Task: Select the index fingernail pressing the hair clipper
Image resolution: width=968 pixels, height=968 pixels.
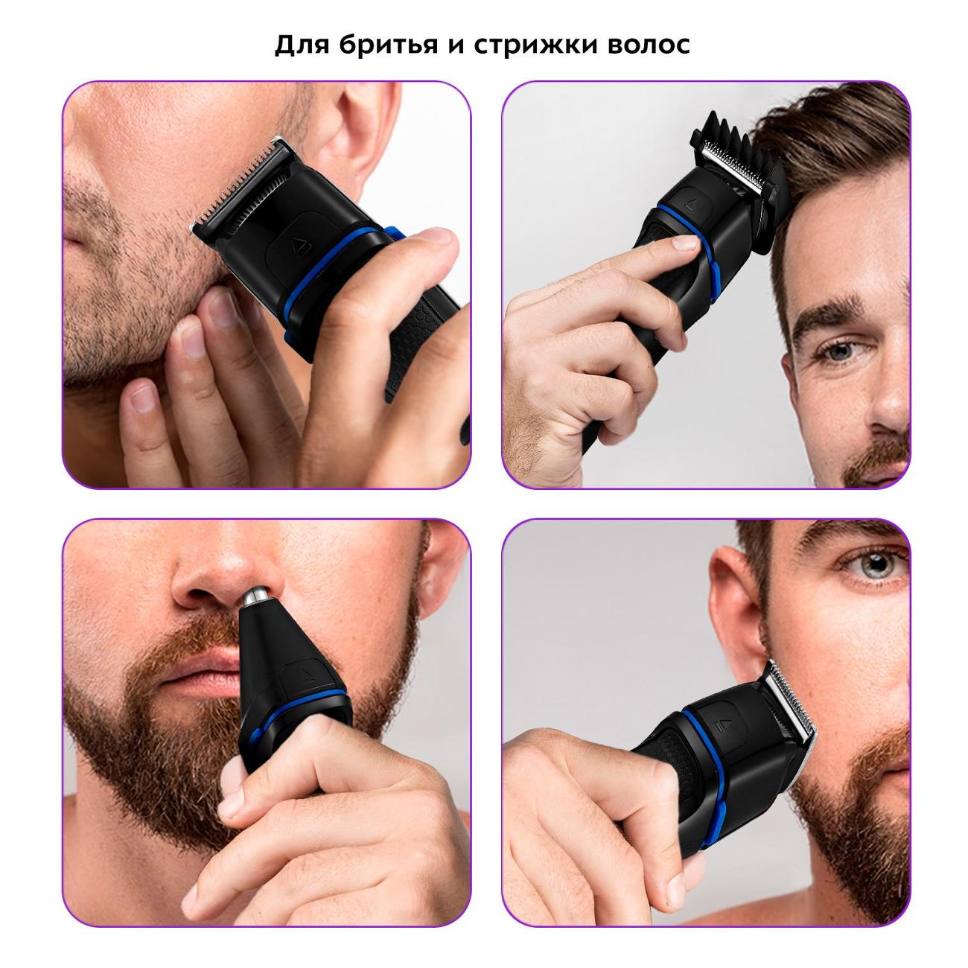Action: [686, 243]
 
